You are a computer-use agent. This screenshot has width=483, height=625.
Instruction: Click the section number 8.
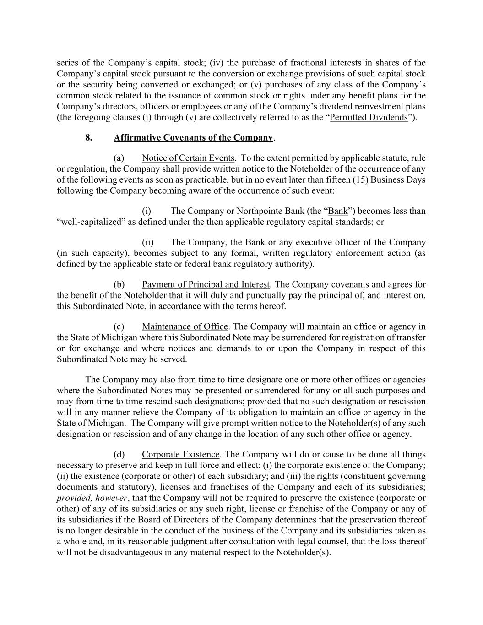[x=89, y=137]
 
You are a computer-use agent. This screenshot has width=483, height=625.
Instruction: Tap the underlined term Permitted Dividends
[x=369, y=117]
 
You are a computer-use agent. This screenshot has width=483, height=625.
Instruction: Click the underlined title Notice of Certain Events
[x=188, y=158]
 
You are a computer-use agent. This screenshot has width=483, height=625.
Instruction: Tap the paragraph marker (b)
[x=119, y=284]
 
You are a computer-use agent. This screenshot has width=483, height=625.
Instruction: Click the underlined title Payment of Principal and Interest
[x=206, y=284]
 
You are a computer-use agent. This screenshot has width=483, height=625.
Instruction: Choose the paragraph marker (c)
[x=119, y=326]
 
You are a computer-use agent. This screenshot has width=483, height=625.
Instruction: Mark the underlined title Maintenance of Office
[x=185, y=326]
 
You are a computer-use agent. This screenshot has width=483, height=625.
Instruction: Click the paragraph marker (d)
[x=119, y=454]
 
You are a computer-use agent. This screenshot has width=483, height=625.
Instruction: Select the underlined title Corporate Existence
[x=181, y=454]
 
